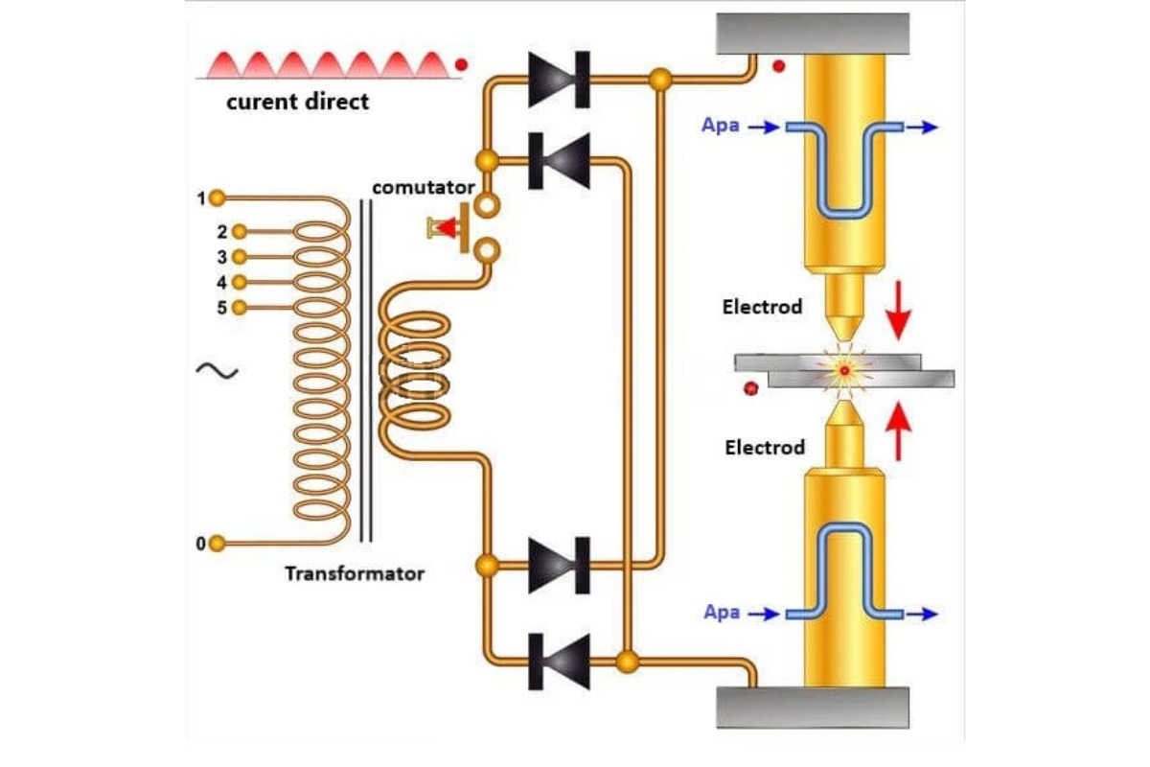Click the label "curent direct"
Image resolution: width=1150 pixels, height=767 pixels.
tap(297, 101)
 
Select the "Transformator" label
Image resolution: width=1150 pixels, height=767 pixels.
tap(354, 573)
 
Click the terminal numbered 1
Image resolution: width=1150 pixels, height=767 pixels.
tap(218, 198)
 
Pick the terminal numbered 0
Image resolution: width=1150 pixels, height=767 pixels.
tap(218, 544)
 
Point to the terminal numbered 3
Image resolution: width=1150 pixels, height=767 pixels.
tap(239, 257)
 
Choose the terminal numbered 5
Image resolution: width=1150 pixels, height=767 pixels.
tap(239, 308)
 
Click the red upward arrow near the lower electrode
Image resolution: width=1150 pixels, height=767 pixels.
tap(899, 431)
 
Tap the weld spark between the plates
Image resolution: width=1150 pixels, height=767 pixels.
tap(844, 369)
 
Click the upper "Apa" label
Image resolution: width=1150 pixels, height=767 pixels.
tap(721, 126)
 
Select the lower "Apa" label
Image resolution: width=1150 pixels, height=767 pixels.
tap(721, 612)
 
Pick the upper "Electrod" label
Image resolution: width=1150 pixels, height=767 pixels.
tap(763, 308)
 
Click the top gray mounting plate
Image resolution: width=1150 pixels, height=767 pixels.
tap(812, 34)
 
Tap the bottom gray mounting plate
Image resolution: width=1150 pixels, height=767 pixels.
tap(812, 708)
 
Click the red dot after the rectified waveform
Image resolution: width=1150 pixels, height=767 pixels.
tap(461, 65)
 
